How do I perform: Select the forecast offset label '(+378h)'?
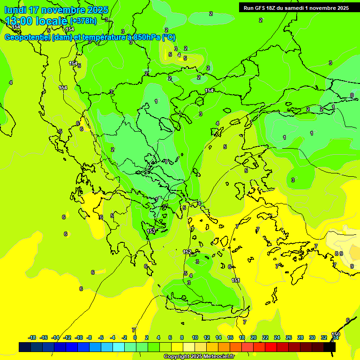pos(83,21)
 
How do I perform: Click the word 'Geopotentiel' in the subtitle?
pos(27,37)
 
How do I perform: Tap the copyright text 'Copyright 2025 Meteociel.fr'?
pos(199,356)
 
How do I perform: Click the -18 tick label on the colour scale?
pos(32,337)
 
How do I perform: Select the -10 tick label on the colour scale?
pos(79,337)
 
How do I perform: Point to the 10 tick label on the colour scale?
pos(195,337)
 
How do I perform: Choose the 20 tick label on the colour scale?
pos(253,337)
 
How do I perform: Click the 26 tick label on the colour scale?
pos(288,337)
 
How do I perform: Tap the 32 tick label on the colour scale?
pos(323,337)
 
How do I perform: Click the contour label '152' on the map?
pos(187,252)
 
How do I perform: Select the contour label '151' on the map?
pos(236,280)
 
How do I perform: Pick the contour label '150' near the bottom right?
pos(335,334)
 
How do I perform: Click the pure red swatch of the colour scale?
pos(271,347)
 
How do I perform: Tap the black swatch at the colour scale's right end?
pos(330,347)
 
